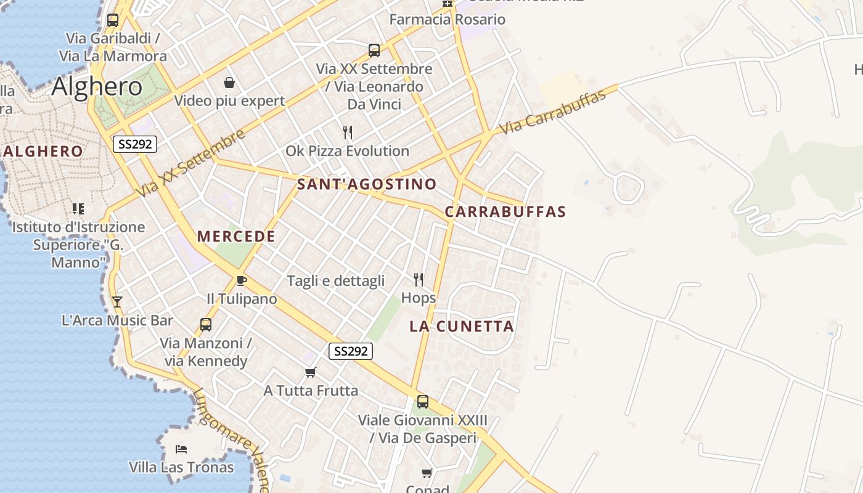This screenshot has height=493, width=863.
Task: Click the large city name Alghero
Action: tap(97, 86)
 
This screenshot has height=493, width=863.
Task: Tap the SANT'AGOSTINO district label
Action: tap(367, 184)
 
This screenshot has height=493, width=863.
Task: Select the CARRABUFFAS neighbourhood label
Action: tap(505, 212)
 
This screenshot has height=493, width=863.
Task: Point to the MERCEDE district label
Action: tap(236, 237)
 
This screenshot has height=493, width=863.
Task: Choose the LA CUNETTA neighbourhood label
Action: tap(462, 327)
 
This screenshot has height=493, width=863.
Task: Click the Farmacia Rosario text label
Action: tap(447, 19)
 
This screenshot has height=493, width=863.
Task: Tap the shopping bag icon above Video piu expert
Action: tap(229, 83)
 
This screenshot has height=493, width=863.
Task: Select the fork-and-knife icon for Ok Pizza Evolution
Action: tap(348, 132)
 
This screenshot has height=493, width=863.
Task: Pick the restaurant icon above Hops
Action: tap(419, 280)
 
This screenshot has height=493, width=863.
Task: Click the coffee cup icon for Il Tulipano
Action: tap(242, 281)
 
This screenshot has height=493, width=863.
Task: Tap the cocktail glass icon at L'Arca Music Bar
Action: tap(117, 302)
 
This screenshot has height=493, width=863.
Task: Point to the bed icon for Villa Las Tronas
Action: tap(181, 449)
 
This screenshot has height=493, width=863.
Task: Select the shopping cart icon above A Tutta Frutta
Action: tap(311, 372)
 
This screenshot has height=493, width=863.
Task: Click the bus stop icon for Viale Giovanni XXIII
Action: tap(422, 402)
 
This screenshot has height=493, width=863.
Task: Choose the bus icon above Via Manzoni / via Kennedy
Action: tap(206, 324)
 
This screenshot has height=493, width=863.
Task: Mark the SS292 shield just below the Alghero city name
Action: tap(135, 144)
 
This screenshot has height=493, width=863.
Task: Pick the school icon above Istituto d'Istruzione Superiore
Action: tap(78, 209)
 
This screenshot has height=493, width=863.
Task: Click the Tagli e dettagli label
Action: tap(335, 281)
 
